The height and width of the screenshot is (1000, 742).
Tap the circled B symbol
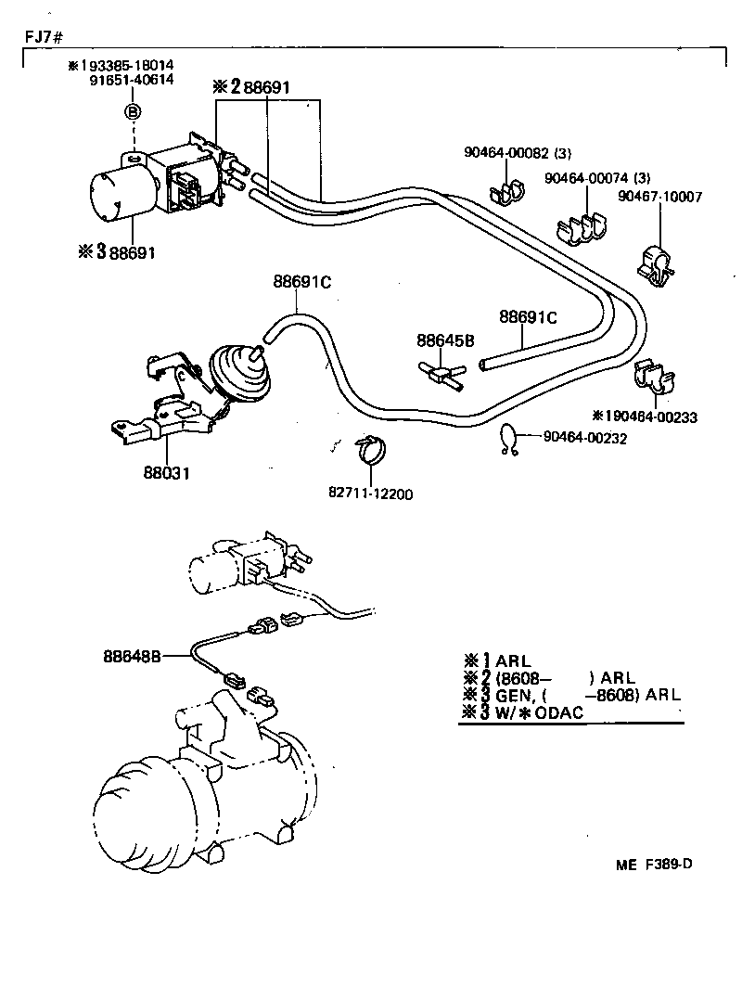[x=133, y=111]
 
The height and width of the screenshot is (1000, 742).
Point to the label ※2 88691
[x=252, y=86]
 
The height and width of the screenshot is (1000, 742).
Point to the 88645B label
[x=445, y=341]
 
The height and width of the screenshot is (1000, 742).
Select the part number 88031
[x=166, y=473]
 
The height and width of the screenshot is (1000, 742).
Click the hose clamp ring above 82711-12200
[x=373, y=451]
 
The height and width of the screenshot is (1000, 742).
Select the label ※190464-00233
[x=644, y=417]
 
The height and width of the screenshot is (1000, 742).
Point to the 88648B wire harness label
[x=133, y=655]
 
